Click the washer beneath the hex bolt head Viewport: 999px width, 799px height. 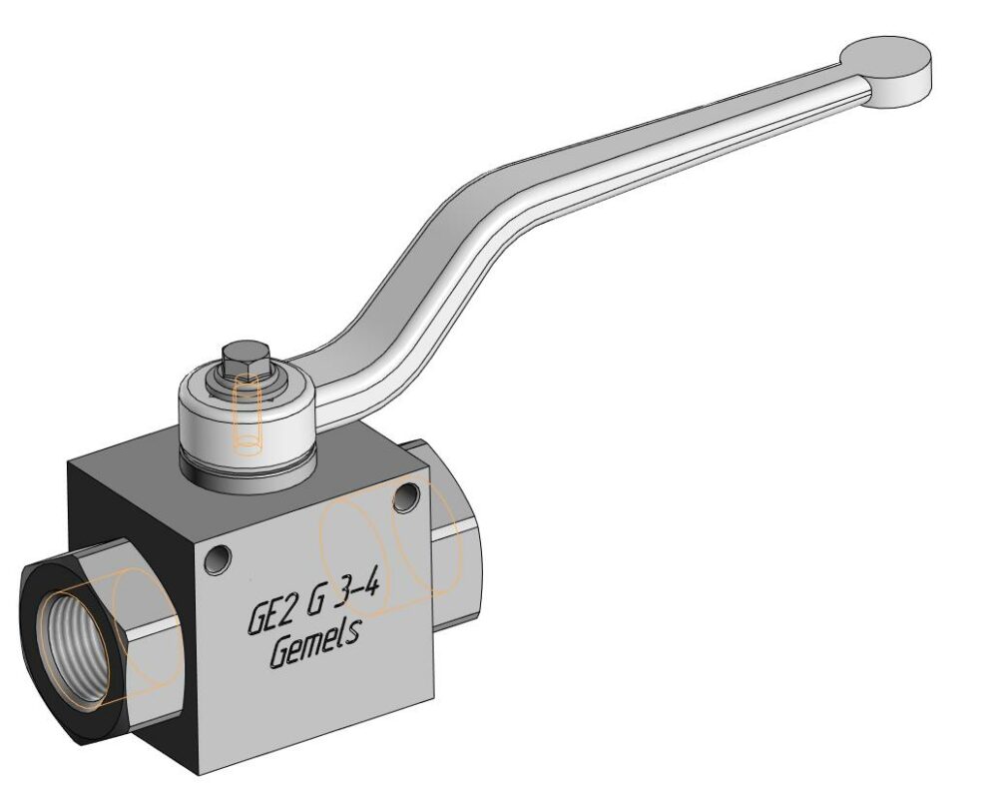245,384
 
